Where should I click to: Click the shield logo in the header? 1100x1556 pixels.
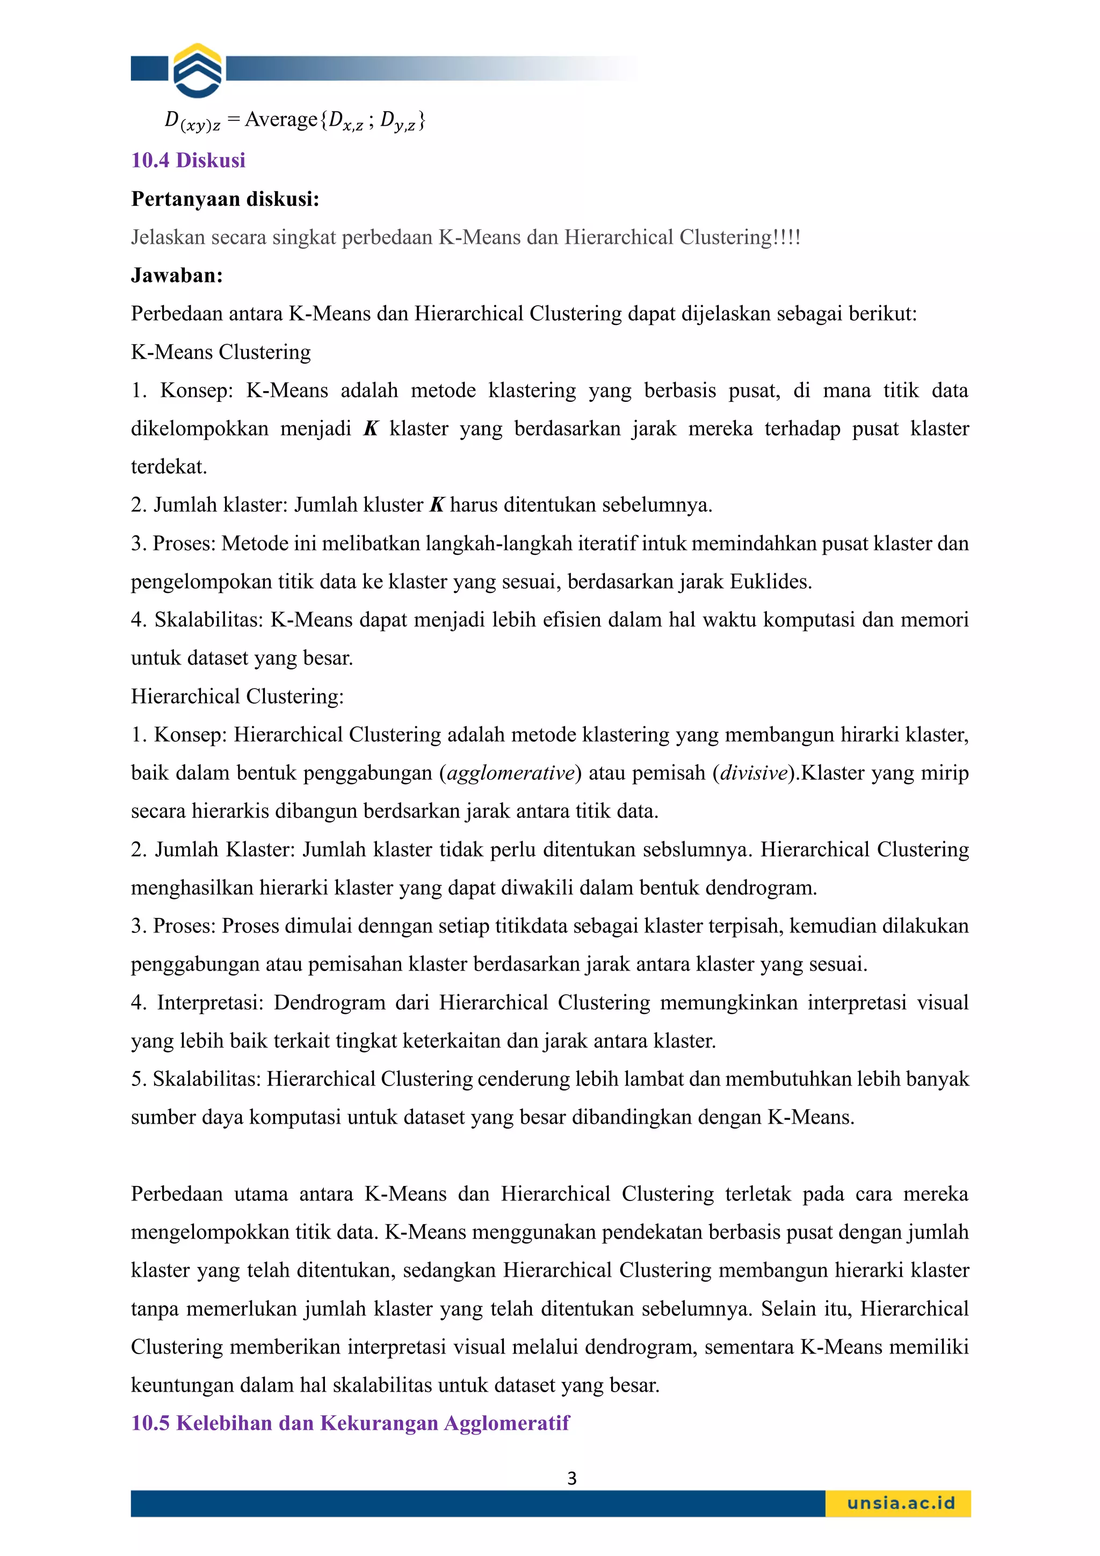coord(197,70)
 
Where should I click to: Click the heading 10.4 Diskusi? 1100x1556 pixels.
coord(188,161)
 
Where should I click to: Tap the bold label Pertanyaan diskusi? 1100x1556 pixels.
coord(225,199)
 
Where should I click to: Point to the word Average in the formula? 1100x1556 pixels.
coord(280,119)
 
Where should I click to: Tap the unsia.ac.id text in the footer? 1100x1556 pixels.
coord(900,1503)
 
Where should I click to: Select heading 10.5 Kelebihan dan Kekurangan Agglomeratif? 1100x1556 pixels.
coord(350,1422)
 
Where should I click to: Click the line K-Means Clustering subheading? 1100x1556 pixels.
coord(220,352)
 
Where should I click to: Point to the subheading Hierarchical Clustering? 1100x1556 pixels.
coord(237,696)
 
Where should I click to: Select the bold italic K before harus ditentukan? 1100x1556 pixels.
coord(437,505)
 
